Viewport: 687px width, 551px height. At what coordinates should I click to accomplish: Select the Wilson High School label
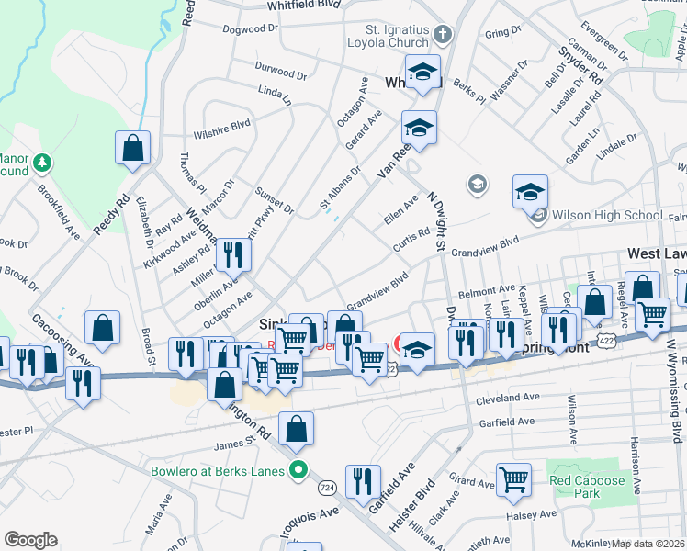click(x=604, y=216)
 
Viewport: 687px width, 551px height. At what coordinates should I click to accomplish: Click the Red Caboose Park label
click(x=587, y=480)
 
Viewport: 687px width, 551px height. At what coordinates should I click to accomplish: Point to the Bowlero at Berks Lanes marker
click(x=298, y=472)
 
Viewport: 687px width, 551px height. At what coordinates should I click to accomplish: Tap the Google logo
click(x=30, y=540)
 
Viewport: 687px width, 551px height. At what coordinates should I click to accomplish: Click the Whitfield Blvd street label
click(x=303, y=6)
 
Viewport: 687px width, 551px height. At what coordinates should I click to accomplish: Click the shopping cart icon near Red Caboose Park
click(x=513, y=478)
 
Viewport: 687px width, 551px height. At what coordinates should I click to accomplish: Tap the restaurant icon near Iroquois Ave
click(x=364, y=481)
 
